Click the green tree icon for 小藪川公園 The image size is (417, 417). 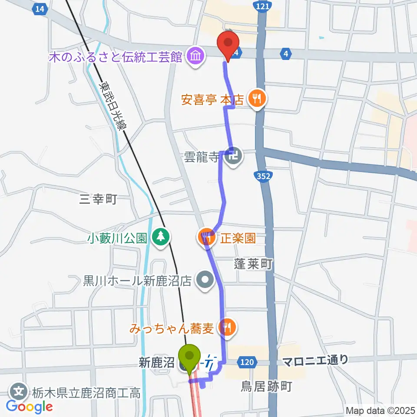(x=162, y=237)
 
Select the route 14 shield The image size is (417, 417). (x=40, y=9)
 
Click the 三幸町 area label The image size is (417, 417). (x=99, y=199)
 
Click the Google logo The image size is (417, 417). (x=29, y=407)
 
